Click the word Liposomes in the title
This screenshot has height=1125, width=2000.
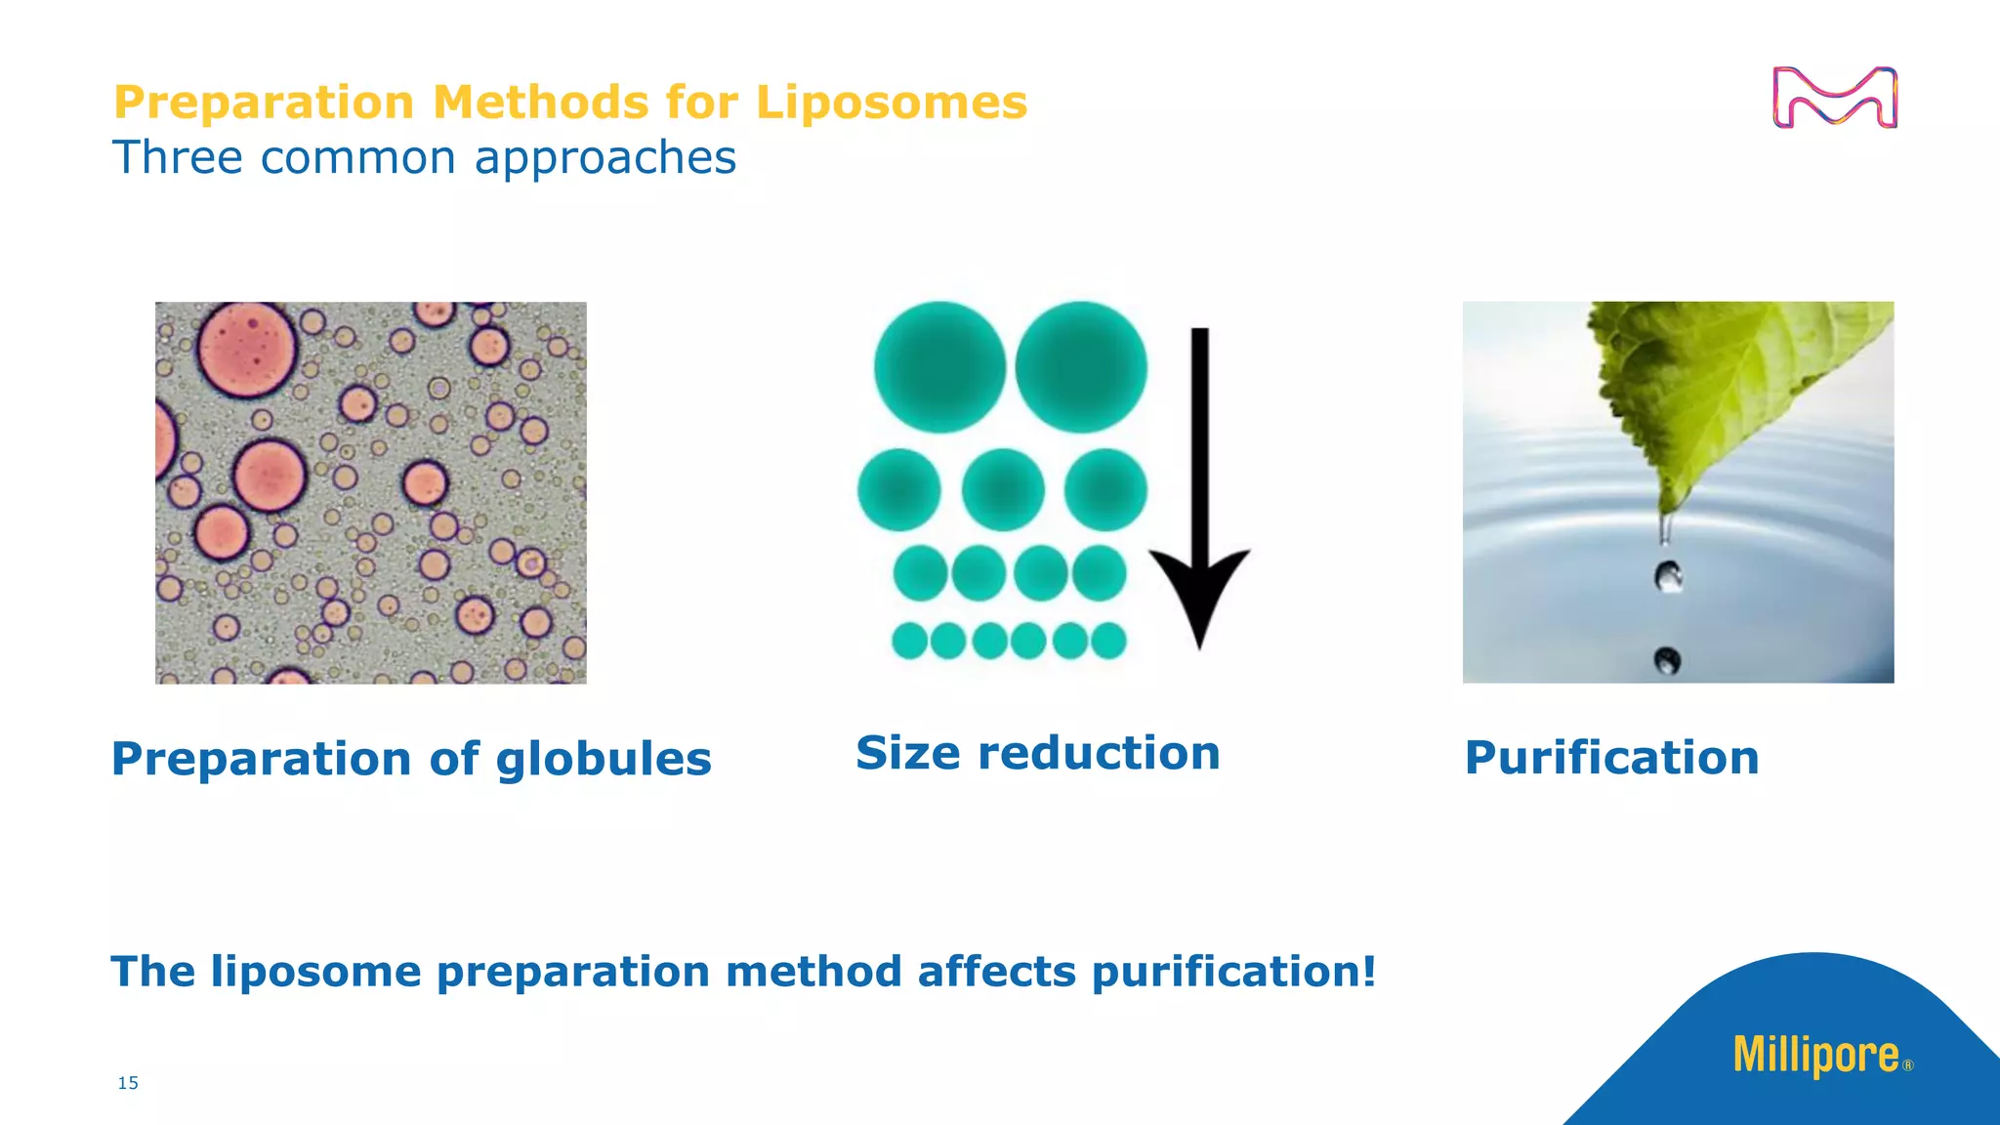891,103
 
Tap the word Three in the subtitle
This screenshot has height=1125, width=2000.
177,158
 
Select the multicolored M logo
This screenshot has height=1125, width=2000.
1834,98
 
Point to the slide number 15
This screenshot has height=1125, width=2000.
128,1083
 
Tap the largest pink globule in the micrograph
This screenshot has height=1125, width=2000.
247,351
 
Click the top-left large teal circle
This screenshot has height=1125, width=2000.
939,367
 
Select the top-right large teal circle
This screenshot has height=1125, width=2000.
1081,367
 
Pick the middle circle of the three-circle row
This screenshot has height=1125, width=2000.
1003,490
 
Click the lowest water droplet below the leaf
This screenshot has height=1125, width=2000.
1667,661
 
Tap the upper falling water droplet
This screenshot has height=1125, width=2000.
1668,576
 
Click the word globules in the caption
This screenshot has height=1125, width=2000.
604,760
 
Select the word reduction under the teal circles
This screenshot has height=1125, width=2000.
1099,754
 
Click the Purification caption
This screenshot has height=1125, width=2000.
1611,758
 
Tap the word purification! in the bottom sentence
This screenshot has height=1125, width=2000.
1233,972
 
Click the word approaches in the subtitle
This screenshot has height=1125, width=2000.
604,158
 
